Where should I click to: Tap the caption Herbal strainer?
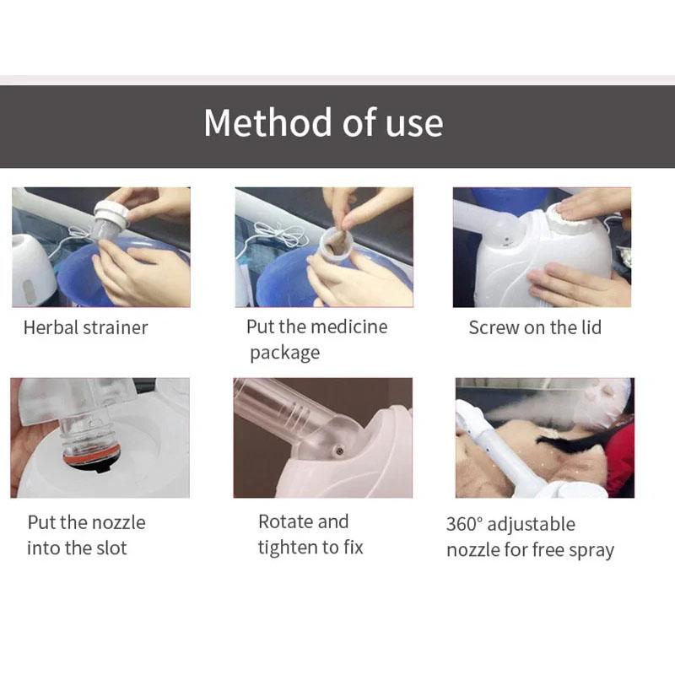coord(85,327)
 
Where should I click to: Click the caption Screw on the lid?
coord(535,327)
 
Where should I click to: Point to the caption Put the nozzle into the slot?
coord(85,535)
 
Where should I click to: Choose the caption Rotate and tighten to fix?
coord(310,535)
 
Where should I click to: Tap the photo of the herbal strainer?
coord(100,246)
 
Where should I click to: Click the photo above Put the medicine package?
coord(324,246)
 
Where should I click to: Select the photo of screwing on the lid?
coord(542,246)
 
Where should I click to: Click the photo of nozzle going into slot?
coord(100,437)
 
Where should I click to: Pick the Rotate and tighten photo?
coord(324,437)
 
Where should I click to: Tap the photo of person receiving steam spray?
coord(544,437)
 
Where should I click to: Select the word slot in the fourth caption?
coord(111,548)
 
